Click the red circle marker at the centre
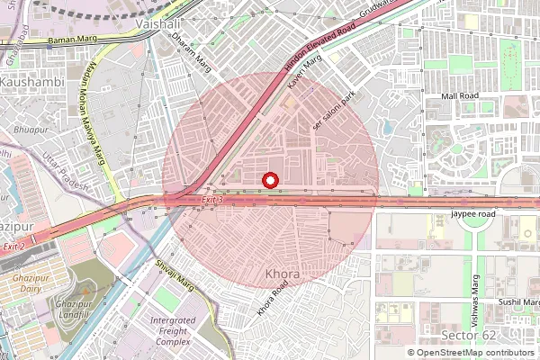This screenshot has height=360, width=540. (269, 181)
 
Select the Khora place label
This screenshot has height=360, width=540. (283, 273)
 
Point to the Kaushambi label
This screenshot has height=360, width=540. (29, 81)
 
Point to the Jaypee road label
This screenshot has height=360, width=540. (473, 215)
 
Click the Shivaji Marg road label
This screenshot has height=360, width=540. (175, 274)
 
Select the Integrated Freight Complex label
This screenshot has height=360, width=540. (173, 331)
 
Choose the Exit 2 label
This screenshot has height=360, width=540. (13, 246)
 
